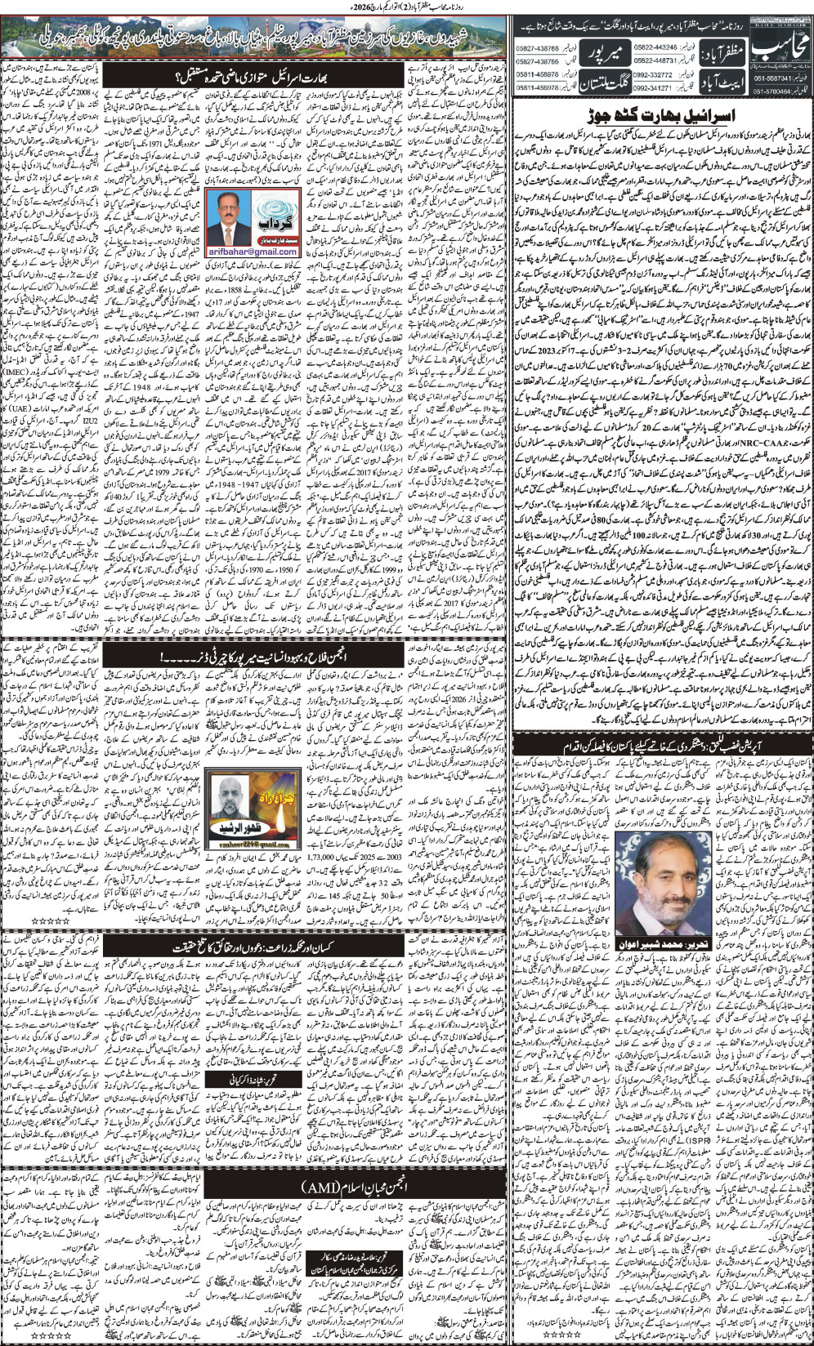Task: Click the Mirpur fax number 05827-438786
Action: [537, 61]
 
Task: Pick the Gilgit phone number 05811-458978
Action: [537, 74]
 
